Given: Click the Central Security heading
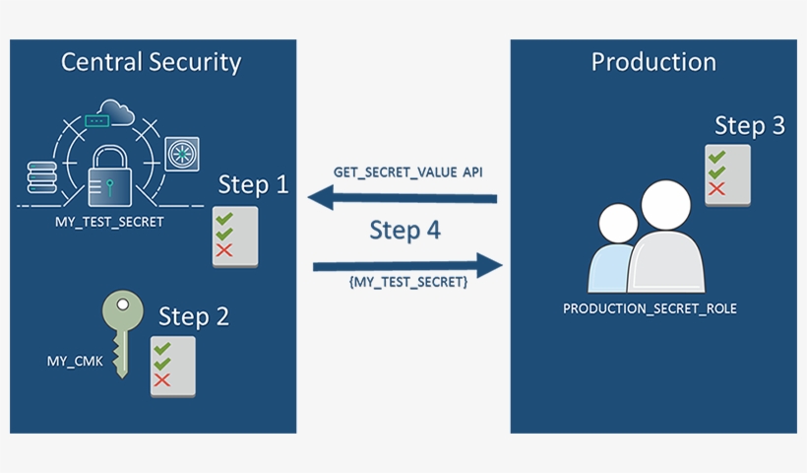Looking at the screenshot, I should tap(151, 62).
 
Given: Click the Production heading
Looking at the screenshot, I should tap(653, 62).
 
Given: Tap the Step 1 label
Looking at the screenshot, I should tap(253, 184).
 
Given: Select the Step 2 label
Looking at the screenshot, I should tap(194, 317).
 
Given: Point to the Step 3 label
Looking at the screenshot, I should tap(749, 126).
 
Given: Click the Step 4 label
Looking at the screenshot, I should tap(404, 231).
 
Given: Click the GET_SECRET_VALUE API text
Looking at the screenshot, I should tap(407, 171).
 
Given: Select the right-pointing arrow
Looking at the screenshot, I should tap(406, 265).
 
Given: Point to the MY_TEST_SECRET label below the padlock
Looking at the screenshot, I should tap(109, 222).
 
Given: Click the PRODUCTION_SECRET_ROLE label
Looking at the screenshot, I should tap(650, 308).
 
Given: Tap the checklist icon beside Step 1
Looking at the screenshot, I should tap(235, 236).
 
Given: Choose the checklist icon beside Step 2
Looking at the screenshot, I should tap(172, 366).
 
